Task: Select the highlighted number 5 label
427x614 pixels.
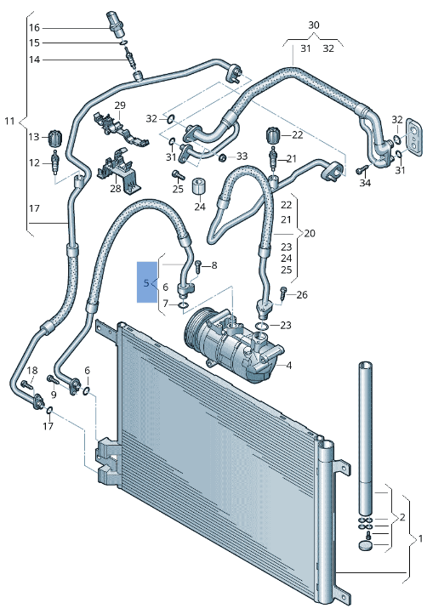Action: (x=146, y=282)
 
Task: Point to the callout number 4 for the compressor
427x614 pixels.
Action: (x=288, y=366)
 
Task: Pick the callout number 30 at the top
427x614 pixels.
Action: (x=314, y=26)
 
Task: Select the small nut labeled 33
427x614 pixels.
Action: (x=221, y=157)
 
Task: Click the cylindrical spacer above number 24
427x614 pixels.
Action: (x=200, y=186)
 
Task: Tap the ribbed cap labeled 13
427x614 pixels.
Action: (x=56, y=137)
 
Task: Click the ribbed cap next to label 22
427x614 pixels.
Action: (x=273, y=134)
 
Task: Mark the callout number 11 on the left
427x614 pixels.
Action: (x=9, y=122)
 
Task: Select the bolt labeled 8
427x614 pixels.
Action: (x=196, y=266)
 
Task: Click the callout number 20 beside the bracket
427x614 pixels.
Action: (x=310, y=233)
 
